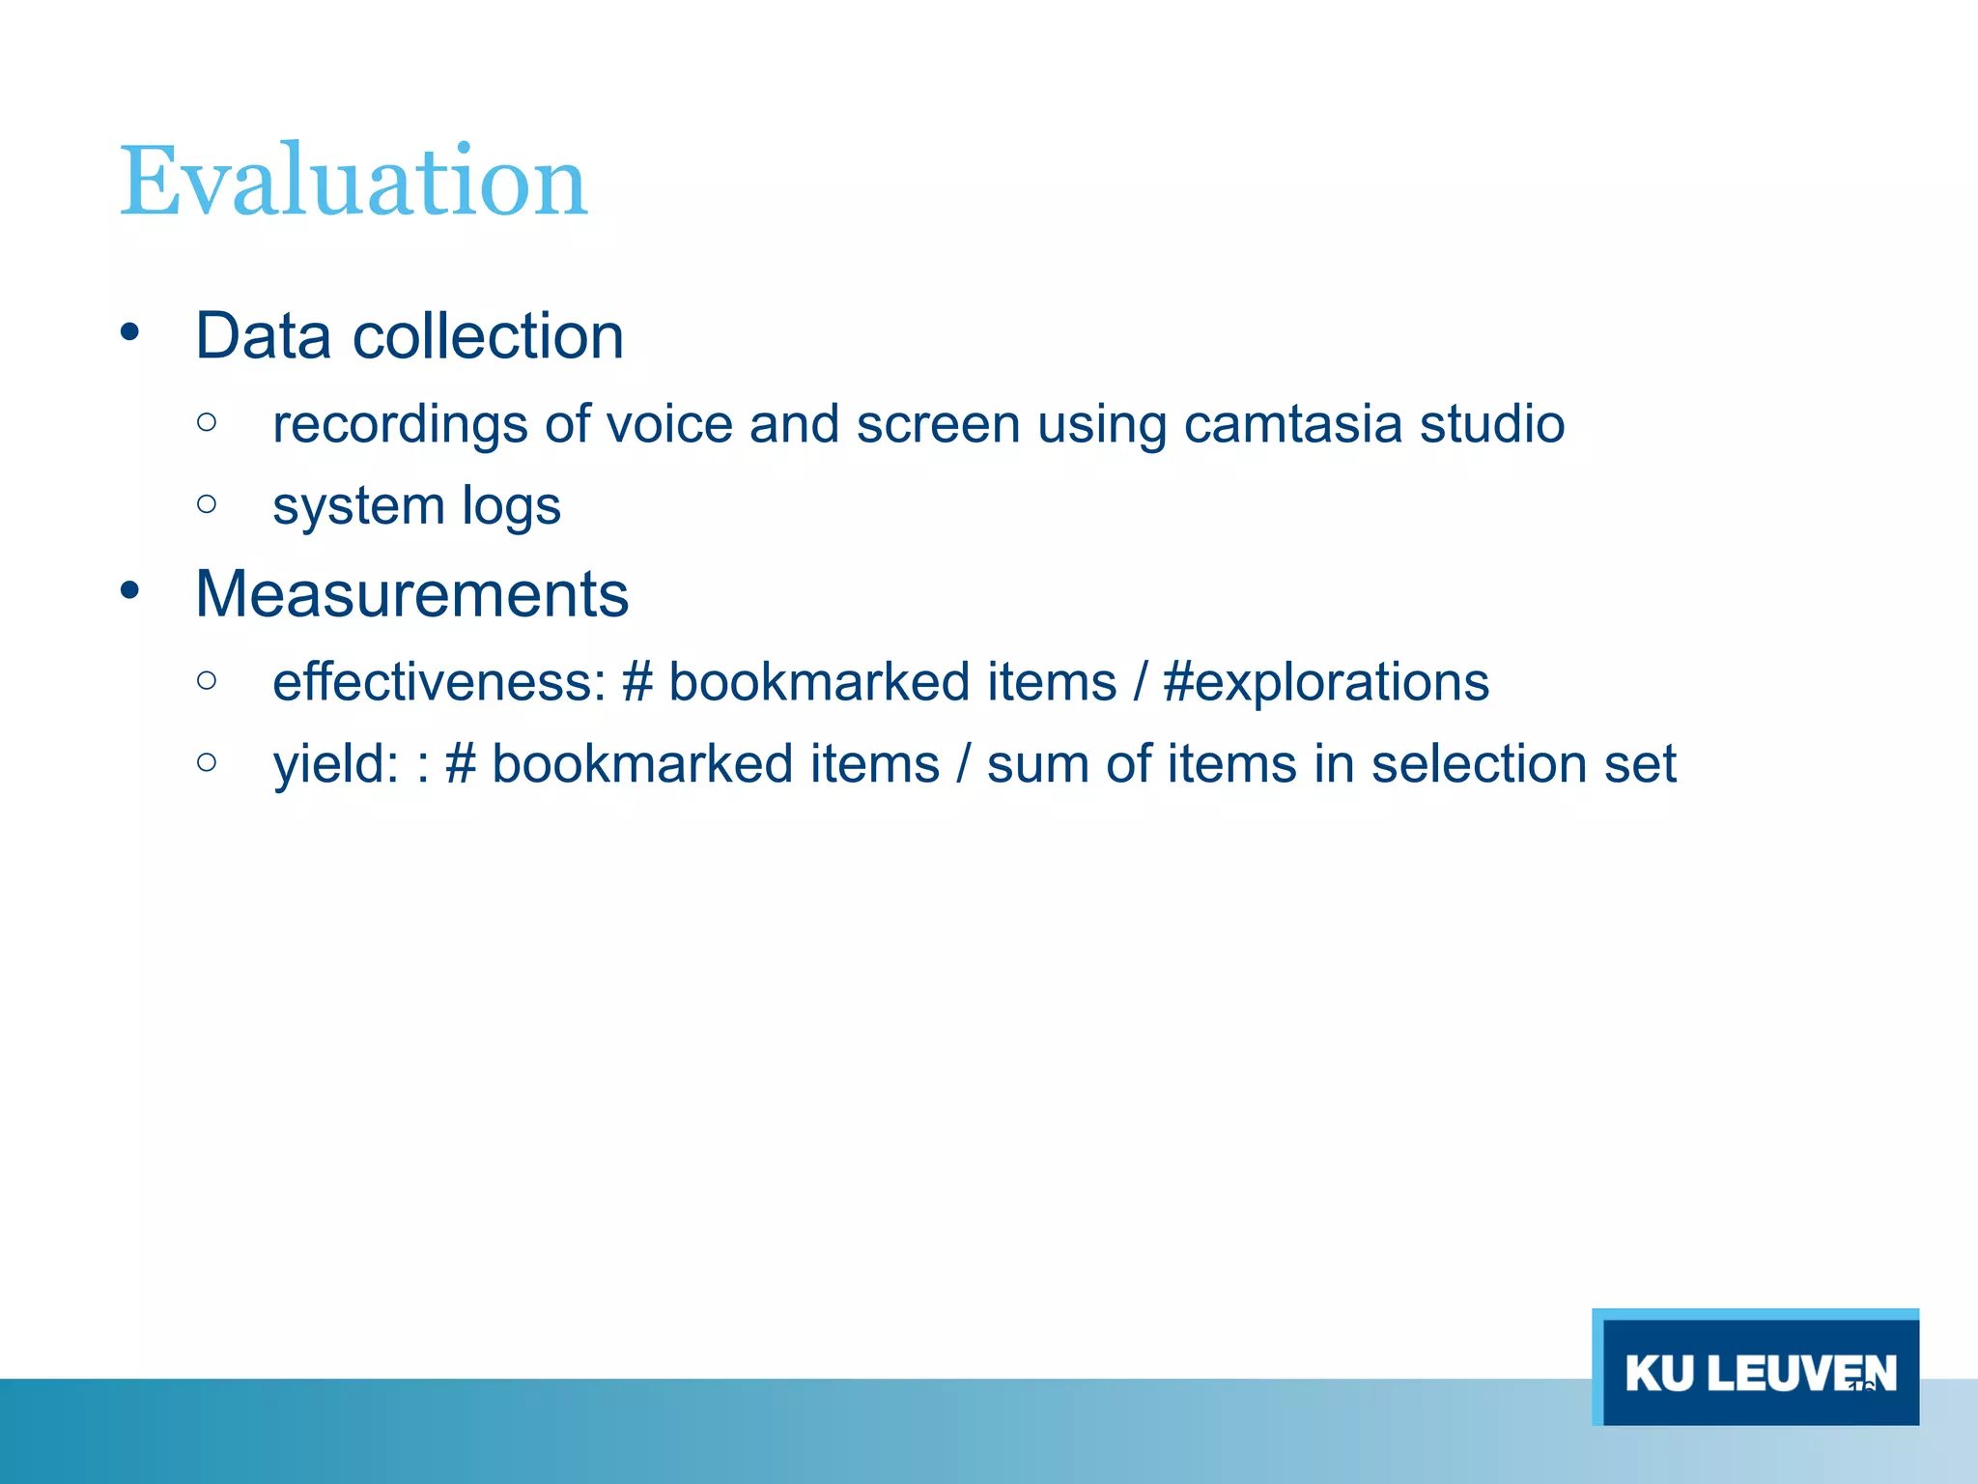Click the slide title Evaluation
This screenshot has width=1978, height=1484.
point(353,181)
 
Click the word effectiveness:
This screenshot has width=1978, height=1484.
point(439,682)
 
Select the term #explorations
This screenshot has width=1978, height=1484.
point(1326,682)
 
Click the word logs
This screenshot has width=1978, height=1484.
point(511,506)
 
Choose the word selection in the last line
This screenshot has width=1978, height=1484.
point(1479,764)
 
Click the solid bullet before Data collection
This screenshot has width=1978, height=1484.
point(130,333)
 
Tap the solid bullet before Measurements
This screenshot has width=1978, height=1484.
point(130,590)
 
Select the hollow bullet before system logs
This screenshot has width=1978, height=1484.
point(206,503)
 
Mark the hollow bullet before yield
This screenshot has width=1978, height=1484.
point(206,762)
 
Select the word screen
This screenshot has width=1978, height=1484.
point(938,424)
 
